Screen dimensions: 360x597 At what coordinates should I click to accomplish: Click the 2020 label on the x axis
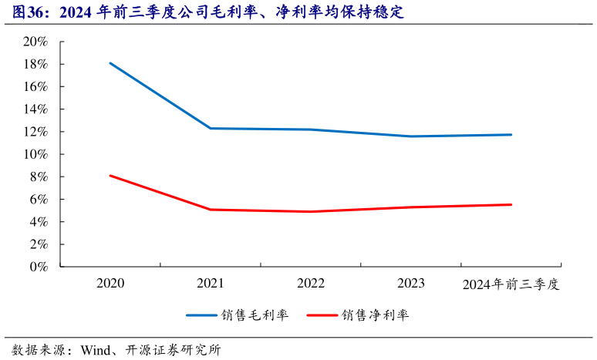point(110,284)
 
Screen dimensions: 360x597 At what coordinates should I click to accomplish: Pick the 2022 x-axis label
point(311,284)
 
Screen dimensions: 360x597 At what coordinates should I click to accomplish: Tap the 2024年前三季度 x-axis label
point(511,284)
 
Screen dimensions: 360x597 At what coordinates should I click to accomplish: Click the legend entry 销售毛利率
point(255,315)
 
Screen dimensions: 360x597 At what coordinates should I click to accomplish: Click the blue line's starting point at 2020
point(110,63)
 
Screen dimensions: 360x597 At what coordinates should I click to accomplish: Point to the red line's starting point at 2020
point(110,176)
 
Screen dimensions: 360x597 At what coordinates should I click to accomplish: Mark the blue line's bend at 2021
point(211,128)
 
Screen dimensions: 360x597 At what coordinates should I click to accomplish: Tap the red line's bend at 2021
point(211,210)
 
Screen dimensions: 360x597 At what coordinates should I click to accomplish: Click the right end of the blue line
point(511,135)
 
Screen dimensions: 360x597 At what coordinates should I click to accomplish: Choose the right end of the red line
point(511,204)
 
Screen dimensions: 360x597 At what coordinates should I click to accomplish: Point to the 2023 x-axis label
point(411,284)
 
